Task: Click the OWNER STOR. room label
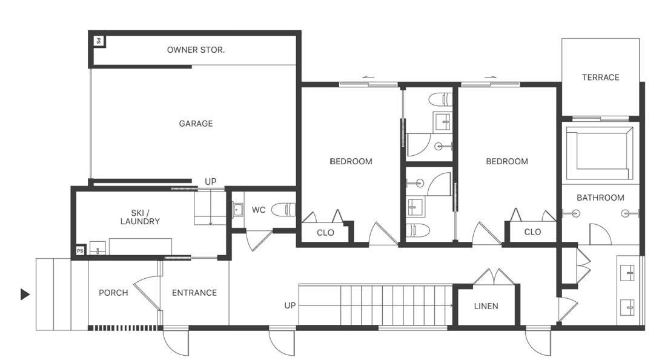[x=196, y=50]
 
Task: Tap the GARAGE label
[x=196, y=124]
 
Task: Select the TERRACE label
[x=601, y=78]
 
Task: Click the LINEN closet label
[x=486, y=306]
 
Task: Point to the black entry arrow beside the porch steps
[x=25, y=295]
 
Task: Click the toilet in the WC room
[x=283, y=210]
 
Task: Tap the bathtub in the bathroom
[x=599, y=153]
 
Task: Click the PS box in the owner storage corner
[x=99, y=41]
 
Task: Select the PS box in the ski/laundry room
[x=80, y=251]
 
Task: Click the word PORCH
[x=113, y=293]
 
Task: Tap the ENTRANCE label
[x=194, y=293]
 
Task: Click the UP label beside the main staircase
[x=290, y=305]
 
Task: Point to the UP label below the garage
[x=211, y=182]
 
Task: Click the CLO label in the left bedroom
[x=325, y=233]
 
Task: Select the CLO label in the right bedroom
[x=532, y=232]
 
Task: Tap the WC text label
[x=259, y=210]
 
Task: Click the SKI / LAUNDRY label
[x=140, y=218]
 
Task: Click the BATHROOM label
[x=600, y=198]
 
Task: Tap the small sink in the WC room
[x=238, y=210]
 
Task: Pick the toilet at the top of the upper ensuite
[x=440, y=99]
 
